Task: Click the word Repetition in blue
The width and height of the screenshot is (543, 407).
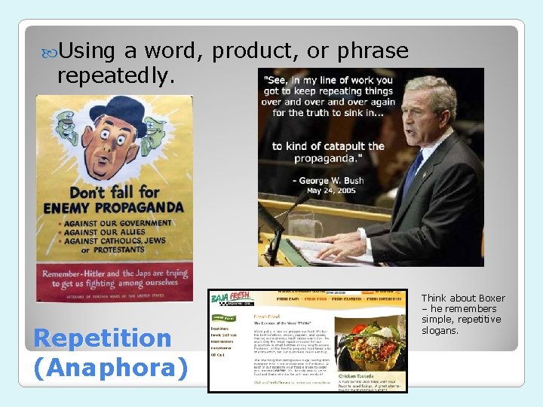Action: (103, 338)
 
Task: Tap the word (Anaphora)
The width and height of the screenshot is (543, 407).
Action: (111, 368)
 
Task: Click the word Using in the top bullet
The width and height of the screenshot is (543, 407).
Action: (87, 51)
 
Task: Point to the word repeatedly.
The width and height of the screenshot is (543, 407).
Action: (116, 75)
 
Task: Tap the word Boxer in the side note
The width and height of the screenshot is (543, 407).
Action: (489, 298)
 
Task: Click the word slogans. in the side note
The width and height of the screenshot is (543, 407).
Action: (440, 331)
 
